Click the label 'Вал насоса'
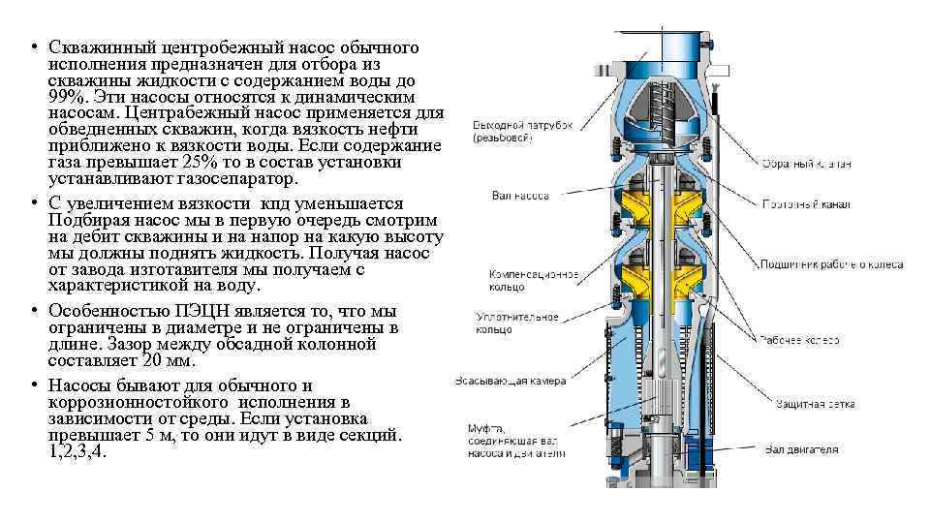pyautogui.click(x=520, y=197)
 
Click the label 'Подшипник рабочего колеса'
pyautogui.click(x=831, y=264)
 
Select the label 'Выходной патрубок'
pyautogui.click(x=523, y=131)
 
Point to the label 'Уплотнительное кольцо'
pyautogui.click(x=517, y=323)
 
